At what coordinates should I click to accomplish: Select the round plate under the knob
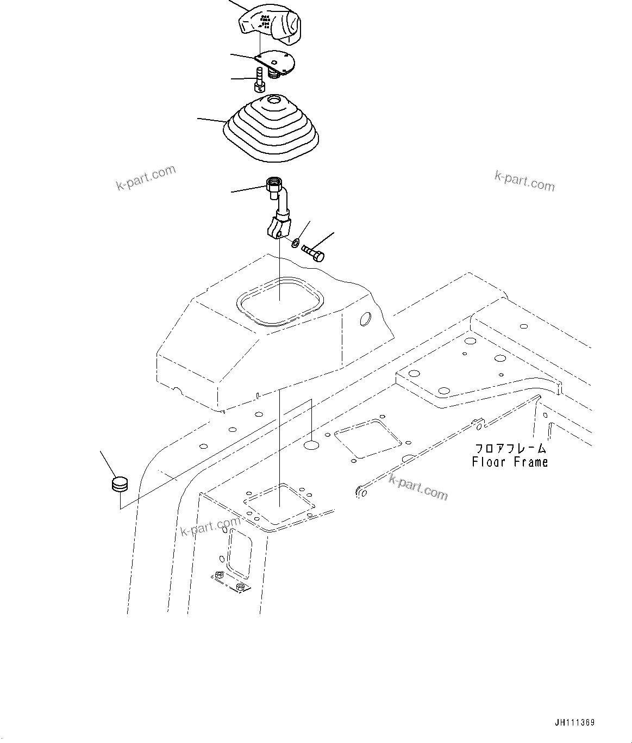277,61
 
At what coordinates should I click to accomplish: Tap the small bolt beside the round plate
260,79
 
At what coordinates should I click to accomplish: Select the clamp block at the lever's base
278,227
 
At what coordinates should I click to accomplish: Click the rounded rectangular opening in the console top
280,301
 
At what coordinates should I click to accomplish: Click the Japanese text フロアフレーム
510,449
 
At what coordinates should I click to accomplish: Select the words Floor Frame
510,462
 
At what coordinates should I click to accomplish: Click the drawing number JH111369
574,722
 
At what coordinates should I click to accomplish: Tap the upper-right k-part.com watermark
524,181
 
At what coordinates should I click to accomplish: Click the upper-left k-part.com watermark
146,178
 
